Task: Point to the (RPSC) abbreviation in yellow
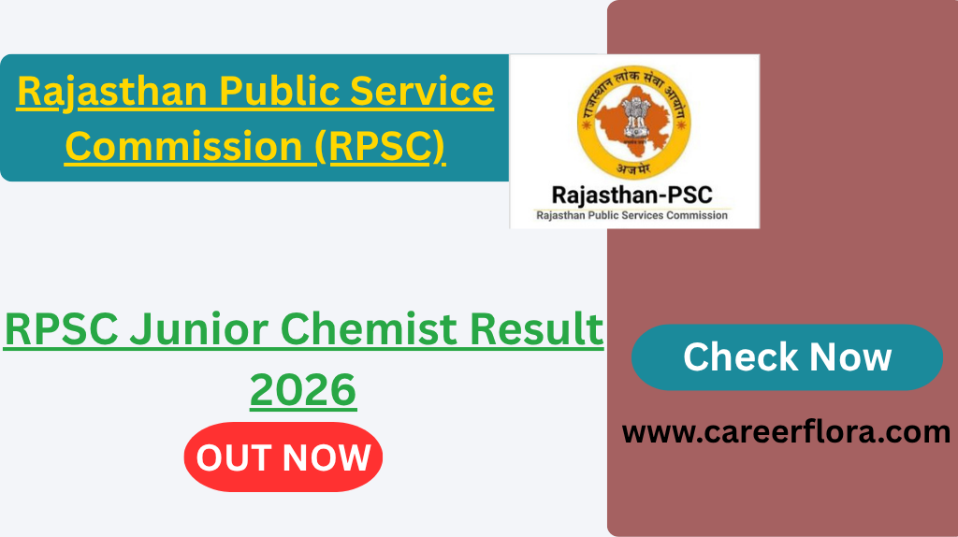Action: point(380,147)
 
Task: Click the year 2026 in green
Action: point(303,389)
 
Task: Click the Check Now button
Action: point(787,357)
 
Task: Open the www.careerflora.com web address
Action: point(786,432)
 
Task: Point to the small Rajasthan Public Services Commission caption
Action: point(631,215)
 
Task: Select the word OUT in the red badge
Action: point(235,458)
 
